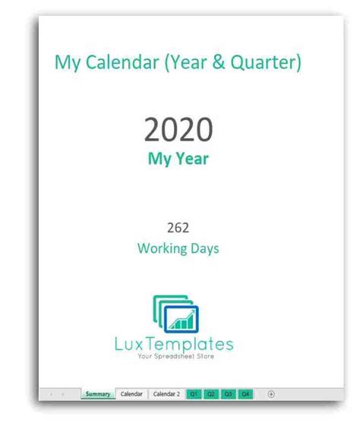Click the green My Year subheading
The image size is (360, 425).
click(178, 161)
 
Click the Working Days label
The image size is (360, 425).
click(178, 248)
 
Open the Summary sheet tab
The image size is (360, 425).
click(98, 395)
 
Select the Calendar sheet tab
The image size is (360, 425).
click(131, 395)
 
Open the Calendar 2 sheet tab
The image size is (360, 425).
click(166, 395)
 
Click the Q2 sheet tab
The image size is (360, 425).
click(211, 395)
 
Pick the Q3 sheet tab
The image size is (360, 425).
click(228, 395)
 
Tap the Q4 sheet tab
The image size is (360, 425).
click(245, 395)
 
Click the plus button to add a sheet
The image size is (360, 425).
click(271, 395)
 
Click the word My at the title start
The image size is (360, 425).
click(67, 62)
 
